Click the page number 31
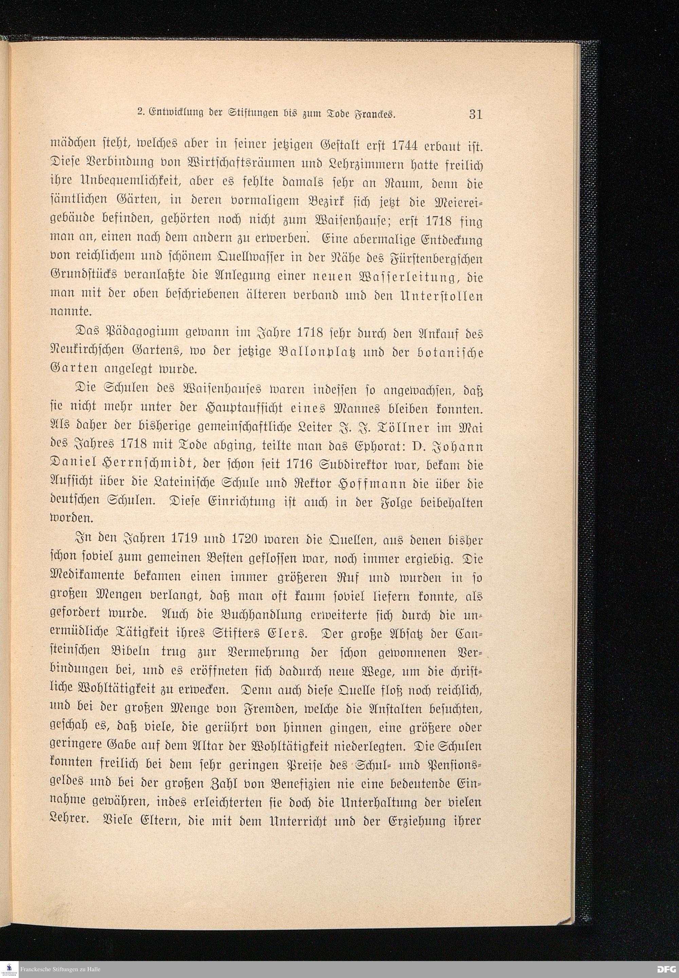point(475,114)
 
